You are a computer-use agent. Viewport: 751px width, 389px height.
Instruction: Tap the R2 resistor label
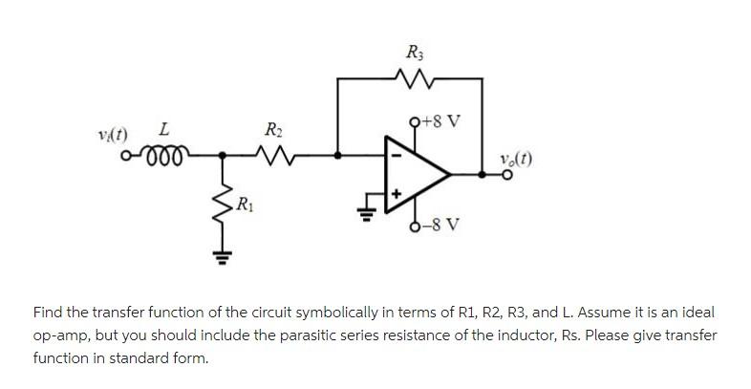tap(272, 129)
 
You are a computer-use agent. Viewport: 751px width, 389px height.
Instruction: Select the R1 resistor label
tap(247, 203)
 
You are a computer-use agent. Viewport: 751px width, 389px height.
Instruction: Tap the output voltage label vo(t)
tap(513, 159)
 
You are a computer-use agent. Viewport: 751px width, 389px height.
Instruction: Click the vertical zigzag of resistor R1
tap(224, 199)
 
